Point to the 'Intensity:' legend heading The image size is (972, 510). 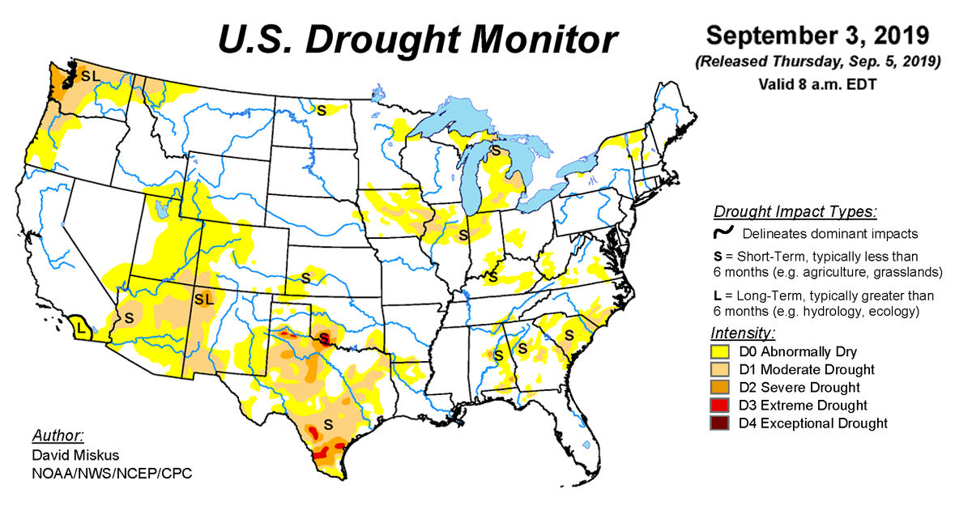pos(743,334)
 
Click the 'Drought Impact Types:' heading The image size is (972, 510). pos(795,213)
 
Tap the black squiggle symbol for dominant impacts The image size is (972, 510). pos(723,233)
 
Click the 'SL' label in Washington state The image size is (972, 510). pos(91,75)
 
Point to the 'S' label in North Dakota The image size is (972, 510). pos(321,110)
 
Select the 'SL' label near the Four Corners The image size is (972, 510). pos(202,300)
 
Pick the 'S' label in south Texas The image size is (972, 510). pos(328,423)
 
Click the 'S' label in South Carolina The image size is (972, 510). pos(569,334)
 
